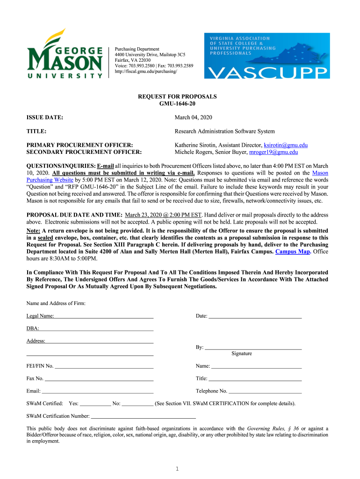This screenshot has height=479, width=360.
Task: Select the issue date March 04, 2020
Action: point(193,117)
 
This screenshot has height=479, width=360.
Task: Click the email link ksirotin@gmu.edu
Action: point(286,145)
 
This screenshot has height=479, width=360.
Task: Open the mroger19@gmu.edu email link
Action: point(274,152)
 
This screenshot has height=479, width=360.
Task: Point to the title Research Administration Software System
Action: point(224,131)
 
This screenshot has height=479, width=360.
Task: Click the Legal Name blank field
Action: point(104,317)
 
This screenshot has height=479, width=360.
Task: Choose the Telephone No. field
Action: point(265,391)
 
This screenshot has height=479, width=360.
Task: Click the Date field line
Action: point(255,317)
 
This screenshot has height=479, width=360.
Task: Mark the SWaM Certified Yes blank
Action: point(95,403)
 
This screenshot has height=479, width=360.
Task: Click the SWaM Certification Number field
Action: point(143,415)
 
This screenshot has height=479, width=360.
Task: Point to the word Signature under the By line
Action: point(242,354)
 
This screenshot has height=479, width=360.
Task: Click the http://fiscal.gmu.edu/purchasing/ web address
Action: point(146,72)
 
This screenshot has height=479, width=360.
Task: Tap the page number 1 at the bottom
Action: point(178,469)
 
